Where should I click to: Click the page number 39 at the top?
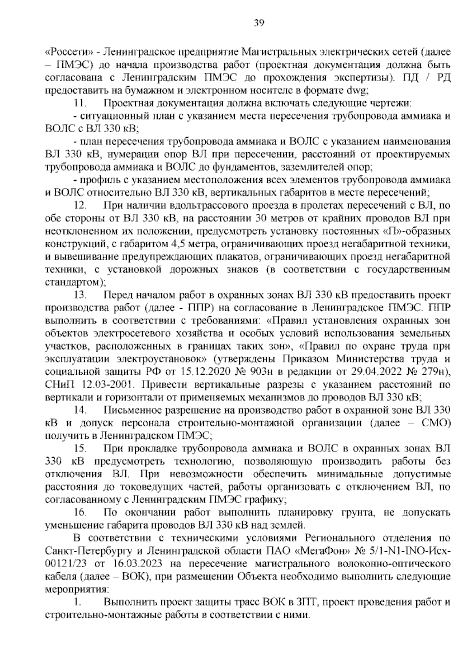tap(259, 23)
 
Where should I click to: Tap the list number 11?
tap(80, 103)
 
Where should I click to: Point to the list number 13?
tap(80, 295)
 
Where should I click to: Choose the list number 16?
tap(80, 513)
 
